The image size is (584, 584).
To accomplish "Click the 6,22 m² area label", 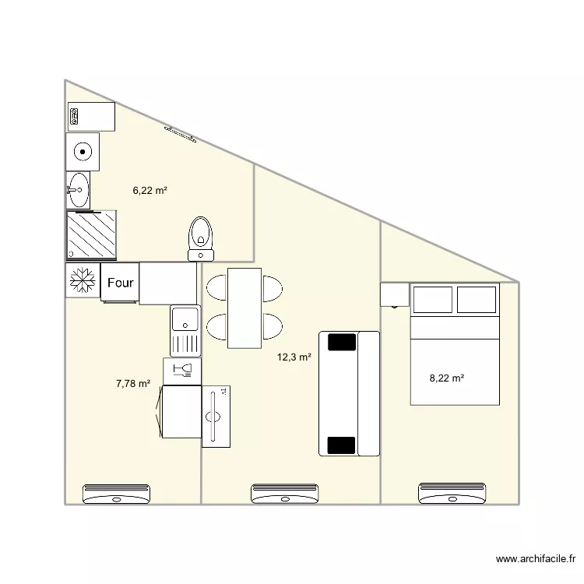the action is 150,191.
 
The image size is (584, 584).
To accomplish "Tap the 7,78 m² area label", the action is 133,384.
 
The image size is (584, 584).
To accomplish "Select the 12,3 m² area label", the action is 294,357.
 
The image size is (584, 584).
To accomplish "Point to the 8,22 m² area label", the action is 447,378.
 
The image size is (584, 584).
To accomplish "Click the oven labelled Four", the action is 120,283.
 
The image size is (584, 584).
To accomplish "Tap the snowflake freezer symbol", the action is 83,280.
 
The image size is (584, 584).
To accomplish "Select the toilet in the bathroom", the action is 201,239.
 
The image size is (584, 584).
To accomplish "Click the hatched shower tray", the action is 91,234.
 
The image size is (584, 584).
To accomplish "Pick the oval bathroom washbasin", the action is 78,190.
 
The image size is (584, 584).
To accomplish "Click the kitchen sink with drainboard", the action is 185,331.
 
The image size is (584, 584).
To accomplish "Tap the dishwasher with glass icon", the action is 182,371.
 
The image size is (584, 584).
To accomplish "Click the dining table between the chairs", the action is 245,308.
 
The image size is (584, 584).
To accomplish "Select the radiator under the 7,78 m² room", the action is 116,494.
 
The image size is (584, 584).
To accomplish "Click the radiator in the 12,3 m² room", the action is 284,494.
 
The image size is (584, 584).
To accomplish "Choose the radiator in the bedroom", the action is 452,493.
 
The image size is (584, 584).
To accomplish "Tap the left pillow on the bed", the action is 433,300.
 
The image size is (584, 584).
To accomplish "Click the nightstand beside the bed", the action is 395,294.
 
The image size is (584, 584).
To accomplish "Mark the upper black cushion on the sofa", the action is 342,343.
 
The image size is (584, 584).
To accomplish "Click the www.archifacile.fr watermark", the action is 536,558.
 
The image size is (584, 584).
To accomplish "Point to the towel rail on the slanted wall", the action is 181,135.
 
